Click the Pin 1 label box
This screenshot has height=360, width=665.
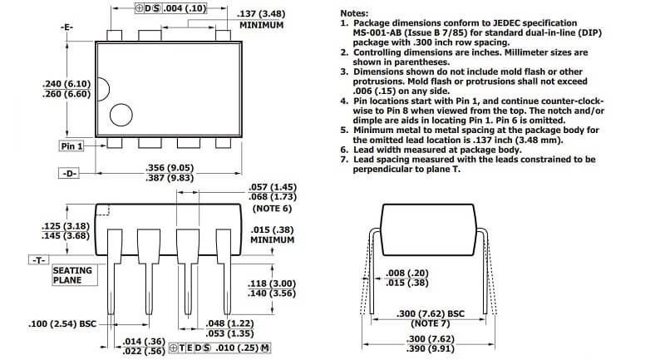pyautogui.click(x=71, y=145)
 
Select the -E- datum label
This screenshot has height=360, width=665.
pyautogui.click(x=66, y=27)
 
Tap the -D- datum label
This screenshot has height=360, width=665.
pyautogui.click(x=69, y=173)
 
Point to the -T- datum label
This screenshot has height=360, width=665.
pyautogui.click(x=38, y=259)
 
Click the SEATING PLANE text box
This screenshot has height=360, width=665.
pyautogui.click(x=74, y=275)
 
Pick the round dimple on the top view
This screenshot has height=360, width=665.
pyautogui.click(x=121, y=115)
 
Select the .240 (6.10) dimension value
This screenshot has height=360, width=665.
pyautogui.click(x=66, y=84)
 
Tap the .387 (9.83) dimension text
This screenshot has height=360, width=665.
pyautogui.click(x=170, y=178)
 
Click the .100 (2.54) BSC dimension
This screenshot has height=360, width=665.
pyautogui.click(x=62, y=324)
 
